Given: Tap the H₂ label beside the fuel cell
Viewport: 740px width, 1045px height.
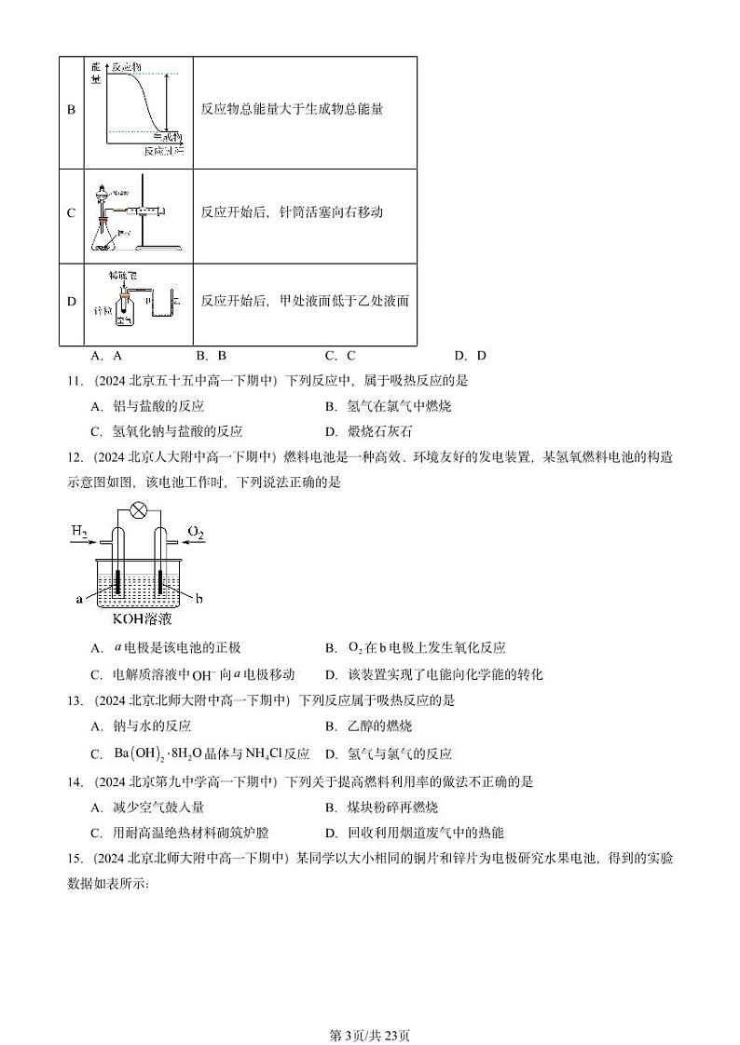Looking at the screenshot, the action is [80, 532].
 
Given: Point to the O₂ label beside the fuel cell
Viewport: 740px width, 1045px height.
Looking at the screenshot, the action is [195, 532].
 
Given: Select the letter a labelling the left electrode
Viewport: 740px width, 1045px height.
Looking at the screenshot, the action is [79, 599].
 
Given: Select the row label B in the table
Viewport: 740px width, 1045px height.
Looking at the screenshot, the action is [71, 109].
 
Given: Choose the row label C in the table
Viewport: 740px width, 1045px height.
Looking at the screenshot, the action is [71, 213].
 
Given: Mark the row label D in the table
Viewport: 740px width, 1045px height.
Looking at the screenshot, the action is [71, 301].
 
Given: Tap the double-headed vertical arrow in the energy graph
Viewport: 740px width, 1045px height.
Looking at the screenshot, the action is [165, 102].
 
